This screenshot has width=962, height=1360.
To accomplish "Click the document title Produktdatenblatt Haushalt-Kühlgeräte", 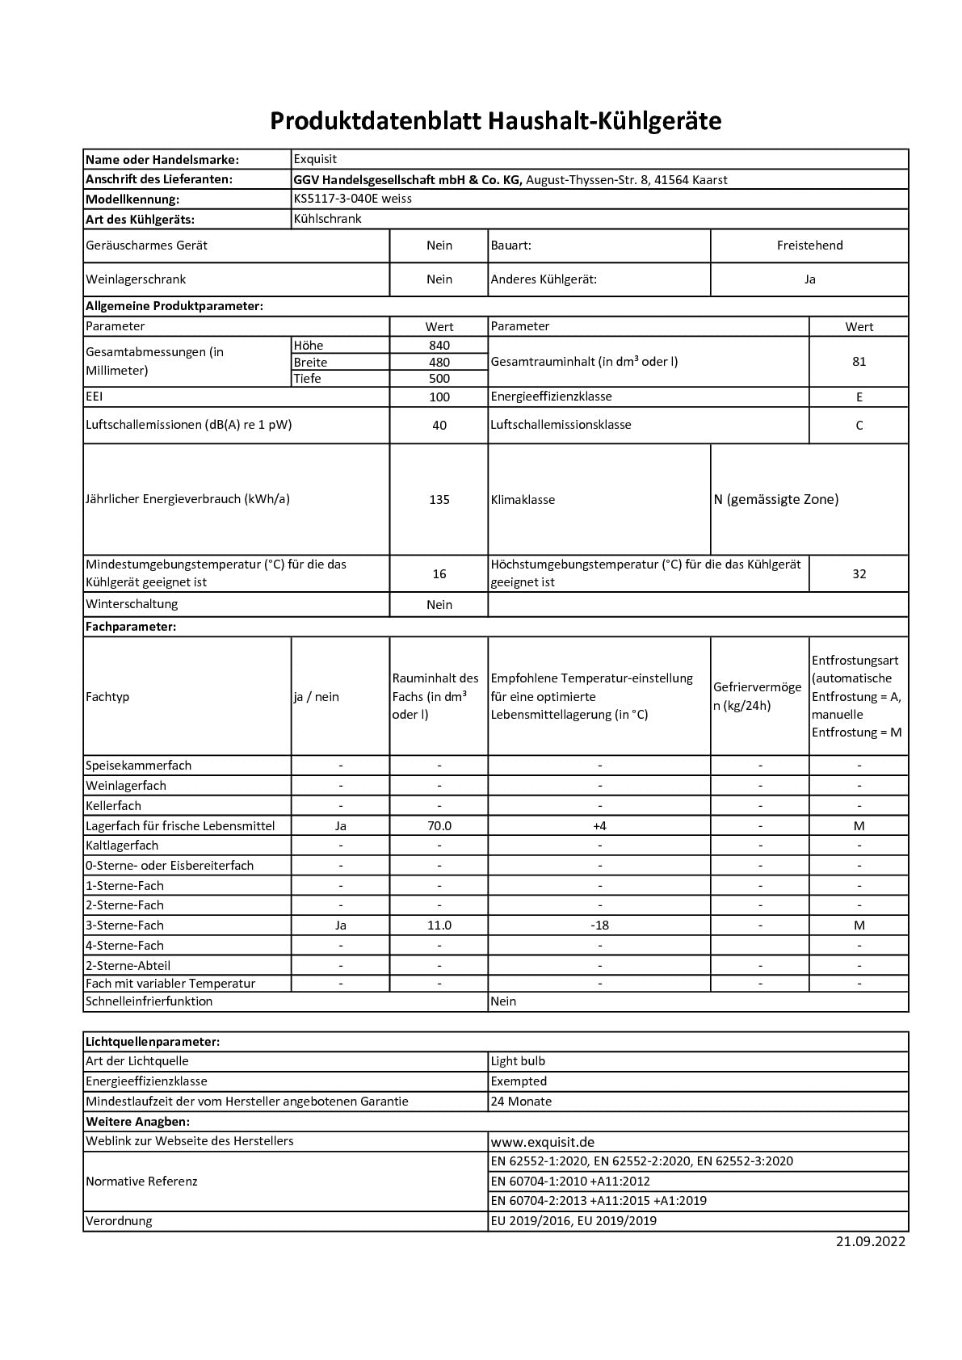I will click(495, 121).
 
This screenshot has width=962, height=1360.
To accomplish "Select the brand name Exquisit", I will click(315, 159).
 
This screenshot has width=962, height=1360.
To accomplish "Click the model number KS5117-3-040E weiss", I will click(352, 199).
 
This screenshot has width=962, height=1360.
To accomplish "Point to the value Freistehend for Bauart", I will click(809, 246).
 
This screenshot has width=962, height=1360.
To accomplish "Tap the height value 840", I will click(439, 346).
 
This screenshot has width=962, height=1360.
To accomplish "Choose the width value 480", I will click(439, 363).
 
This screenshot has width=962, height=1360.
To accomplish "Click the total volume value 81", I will click(859, 362).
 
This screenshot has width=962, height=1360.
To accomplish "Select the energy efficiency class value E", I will click(859, 397).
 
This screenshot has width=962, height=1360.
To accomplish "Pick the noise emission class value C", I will click(859, 426).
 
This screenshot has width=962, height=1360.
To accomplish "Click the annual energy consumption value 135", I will click(439, 500).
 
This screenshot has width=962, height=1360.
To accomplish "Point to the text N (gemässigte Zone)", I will click(775, 500).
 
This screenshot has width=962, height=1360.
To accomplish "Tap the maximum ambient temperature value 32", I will click(859, 574).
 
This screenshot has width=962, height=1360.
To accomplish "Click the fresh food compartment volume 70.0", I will click(439, 826).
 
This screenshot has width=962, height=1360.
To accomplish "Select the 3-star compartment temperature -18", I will click(599, 926).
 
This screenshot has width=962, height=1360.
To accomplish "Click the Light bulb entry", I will click(518, 1061).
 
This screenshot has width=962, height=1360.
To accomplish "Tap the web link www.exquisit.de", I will click(543, 1142).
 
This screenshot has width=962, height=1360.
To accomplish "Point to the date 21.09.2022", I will click(871, 1242).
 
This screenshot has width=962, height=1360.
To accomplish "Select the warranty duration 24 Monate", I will click(521, 1102).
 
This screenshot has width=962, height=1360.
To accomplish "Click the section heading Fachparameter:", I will click(131, 627).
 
